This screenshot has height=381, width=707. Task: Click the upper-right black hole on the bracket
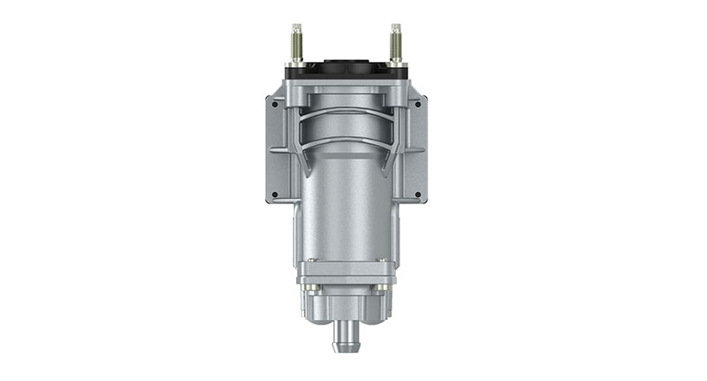tap(417, 103)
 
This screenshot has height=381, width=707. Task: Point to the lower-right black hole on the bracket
tap(417, 194)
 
